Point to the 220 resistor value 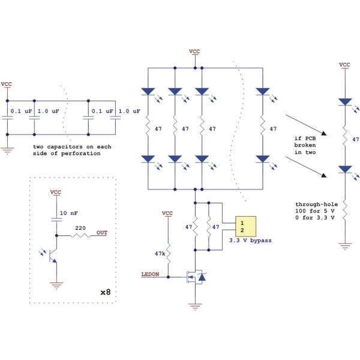(x=80, y=229)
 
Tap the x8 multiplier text (x=106, y=292)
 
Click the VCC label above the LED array (x=194, y=52)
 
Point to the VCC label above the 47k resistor (x=167, y=212)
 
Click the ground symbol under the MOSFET (x=194, y=307)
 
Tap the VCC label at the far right (x=344, y=64)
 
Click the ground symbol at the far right (x=344, y=245)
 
